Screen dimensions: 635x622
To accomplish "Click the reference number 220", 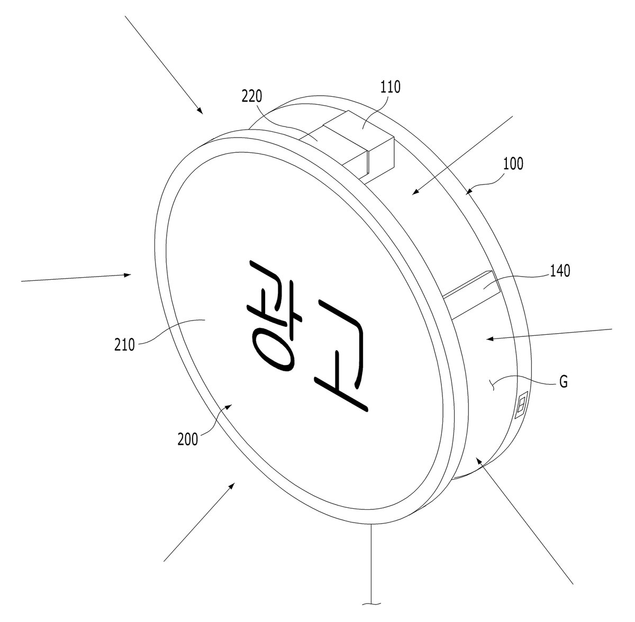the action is [x=252, y=97].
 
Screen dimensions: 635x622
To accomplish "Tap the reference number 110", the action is [x=391, y=87].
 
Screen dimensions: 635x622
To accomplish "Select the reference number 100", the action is [x=513, y=164].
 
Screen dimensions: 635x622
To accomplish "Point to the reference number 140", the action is [x=560, y=271].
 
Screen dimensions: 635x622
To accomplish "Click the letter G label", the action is [x=564, y=382].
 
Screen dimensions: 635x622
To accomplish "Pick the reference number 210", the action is [x=124, y=345].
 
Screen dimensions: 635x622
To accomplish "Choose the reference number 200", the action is [x=188, y=439].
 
